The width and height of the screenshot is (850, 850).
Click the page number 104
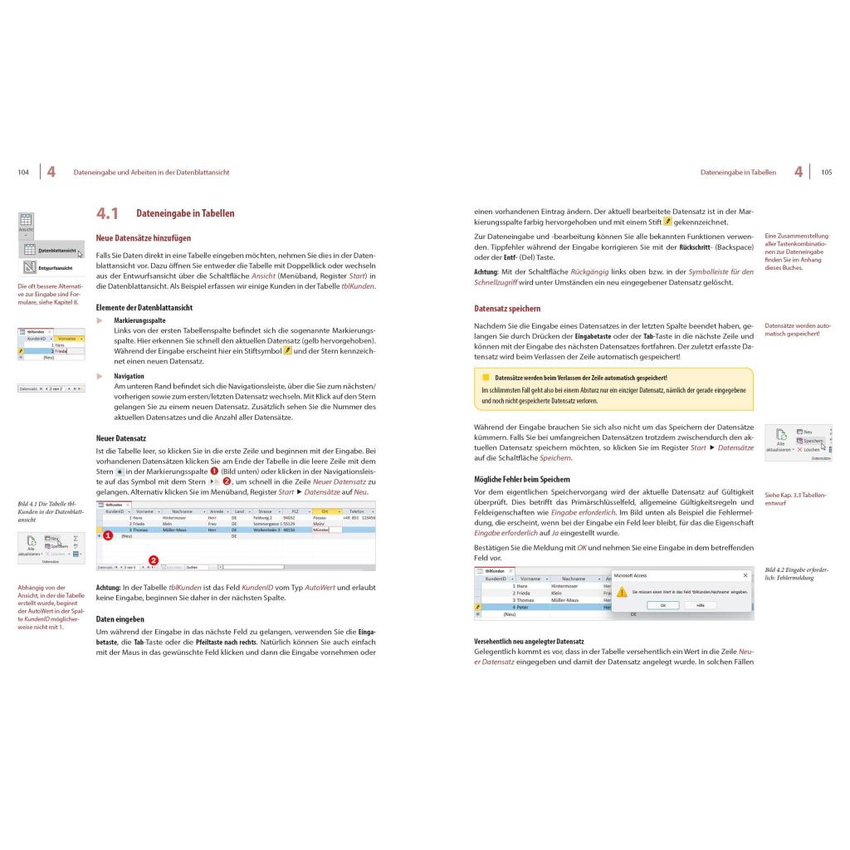pyautogui.click(x=23, y=173)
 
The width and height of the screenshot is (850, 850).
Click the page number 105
pyautogui.click(x=826, y=173)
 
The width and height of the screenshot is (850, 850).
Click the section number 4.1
pyautogui.click(x=107, y=214)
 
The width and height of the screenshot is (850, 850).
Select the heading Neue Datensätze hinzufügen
pyautogui.click(x=143, y=238)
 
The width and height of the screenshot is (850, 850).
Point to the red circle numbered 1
pyautogui.click(x=106, y=537)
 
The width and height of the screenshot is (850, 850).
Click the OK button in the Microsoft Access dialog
pyautogui.click(x=662, y=605)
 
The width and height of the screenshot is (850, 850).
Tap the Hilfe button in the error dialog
pyautogui.click(x=700, y=605)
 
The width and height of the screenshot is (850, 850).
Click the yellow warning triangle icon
pyautogui.click(x=623, y=592)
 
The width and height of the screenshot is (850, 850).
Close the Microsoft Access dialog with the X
pyautogui.click(x=745, y=574)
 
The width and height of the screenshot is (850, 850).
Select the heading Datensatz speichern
pyautogui.click(x=507, y=309)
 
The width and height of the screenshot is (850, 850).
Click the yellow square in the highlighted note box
pyautogui.click(x=486, y=377)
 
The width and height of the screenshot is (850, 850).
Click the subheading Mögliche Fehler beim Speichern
pyautogui.click(x=522, y=480)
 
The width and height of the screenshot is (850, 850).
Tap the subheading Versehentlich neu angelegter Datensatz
pyautogui.click(x=529, y=641)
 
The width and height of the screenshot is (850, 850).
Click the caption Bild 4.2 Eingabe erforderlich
pyautogui.click(x=796, y=574)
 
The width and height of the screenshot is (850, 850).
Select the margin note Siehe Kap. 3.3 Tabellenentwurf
pyautogui.click(x=795, y=499)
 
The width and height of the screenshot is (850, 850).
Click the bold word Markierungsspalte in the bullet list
pyautogui.click(x=139, y=320)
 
